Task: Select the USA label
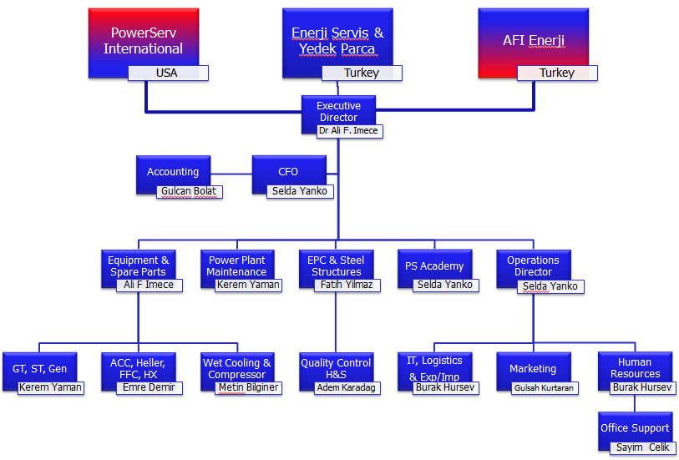[167, 73]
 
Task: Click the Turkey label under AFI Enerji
[557, 73]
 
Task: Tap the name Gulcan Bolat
[189, 191]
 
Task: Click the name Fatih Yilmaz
[347, 285]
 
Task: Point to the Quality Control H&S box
[336, 367]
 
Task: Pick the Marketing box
[533, 367]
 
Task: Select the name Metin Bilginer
[248, 388]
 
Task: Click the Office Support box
[635, 427]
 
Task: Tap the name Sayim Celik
[642, 447]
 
